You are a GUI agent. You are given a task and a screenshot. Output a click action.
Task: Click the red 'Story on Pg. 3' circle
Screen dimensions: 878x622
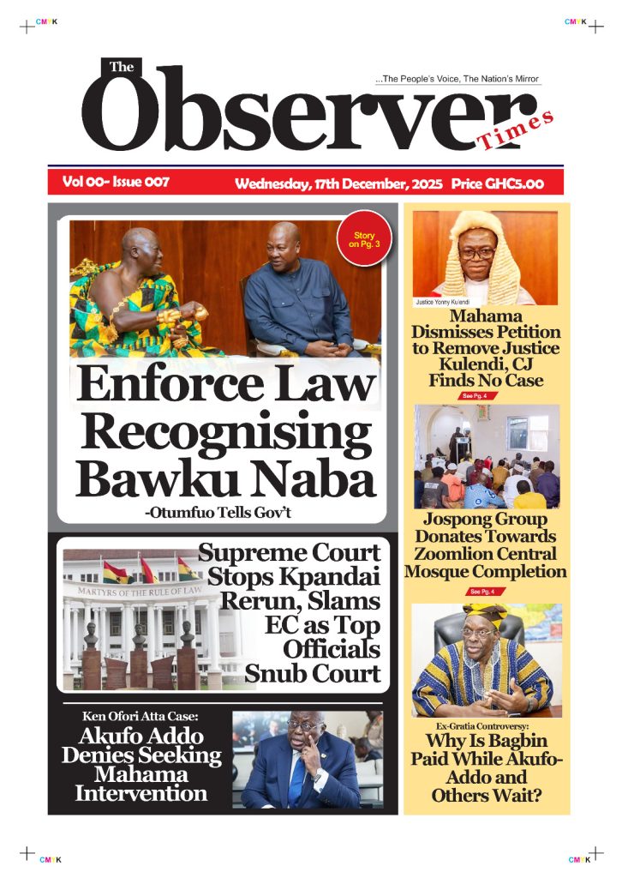(364, 239)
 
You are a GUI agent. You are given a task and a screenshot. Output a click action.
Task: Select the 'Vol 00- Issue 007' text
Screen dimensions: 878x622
(115, 182)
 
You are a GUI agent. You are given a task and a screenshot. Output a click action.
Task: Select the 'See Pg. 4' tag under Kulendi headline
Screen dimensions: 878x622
(474, 395)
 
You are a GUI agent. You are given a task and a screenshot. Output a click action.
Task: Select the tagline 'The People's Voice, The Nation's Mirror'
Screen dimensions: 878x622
(458, 79)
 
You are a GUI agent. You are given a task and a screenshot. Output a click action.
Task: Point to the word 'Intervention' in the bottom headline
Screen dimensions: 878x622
(141, 793)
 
